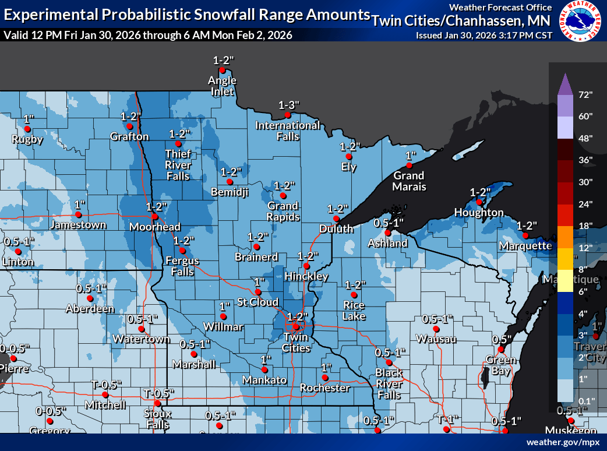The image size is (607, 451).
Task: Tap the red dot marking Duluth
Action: (x=336, y=219)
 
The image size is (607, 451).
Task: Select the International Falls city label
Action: (x=287, y=131)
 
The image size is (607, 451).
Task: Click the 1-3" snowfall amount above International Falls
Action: (x=288, y=105)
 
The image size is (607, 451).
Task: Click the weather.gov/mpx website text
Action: (x=563, y=442)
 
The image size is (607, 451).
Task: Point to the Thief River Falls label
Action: (x=177, y=165)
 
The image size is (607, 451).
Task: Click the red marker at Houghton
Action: (x=479, y=202)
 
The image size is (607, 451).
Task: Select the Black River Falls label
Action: (x=389, y=384)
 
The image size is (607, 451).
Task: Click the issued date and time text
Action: (x=484, y=36)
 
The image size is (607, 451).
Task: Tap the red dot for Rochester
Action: (x=324, y=378)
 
